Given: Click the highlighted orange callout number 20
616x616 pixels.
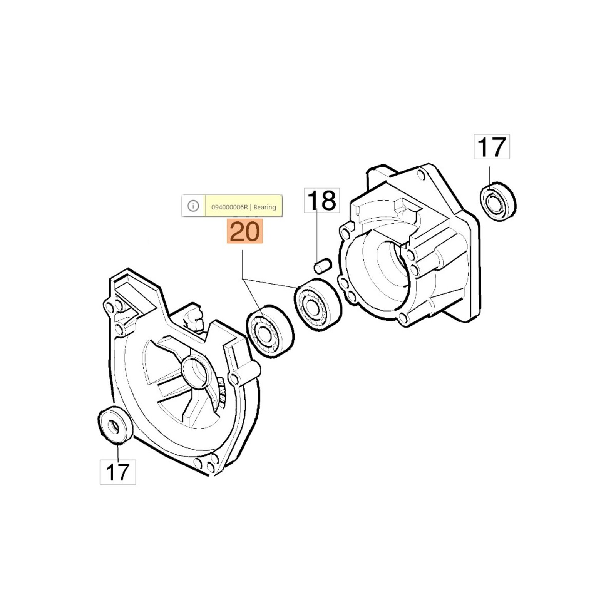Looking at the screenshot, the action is coord(244,231).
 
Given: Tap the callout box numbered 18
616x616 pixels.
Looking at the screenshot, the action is coord(322,200).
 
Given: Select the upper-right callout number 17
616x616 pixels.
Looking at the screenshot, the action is coord(492,147).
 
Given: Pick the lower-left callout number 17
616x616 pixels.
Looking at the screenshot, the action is coord(118,472).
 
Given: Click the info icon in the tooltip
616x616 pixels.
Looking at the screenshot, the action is coord(193,206).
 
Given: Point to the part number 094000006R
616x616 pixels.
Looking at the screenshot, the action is coord(229,207).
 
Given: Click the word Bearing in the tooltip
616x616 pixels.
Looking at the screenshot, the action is coord(265,207).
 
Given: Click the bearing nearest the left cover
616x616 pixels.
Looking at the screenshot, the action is coord(269,332).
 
